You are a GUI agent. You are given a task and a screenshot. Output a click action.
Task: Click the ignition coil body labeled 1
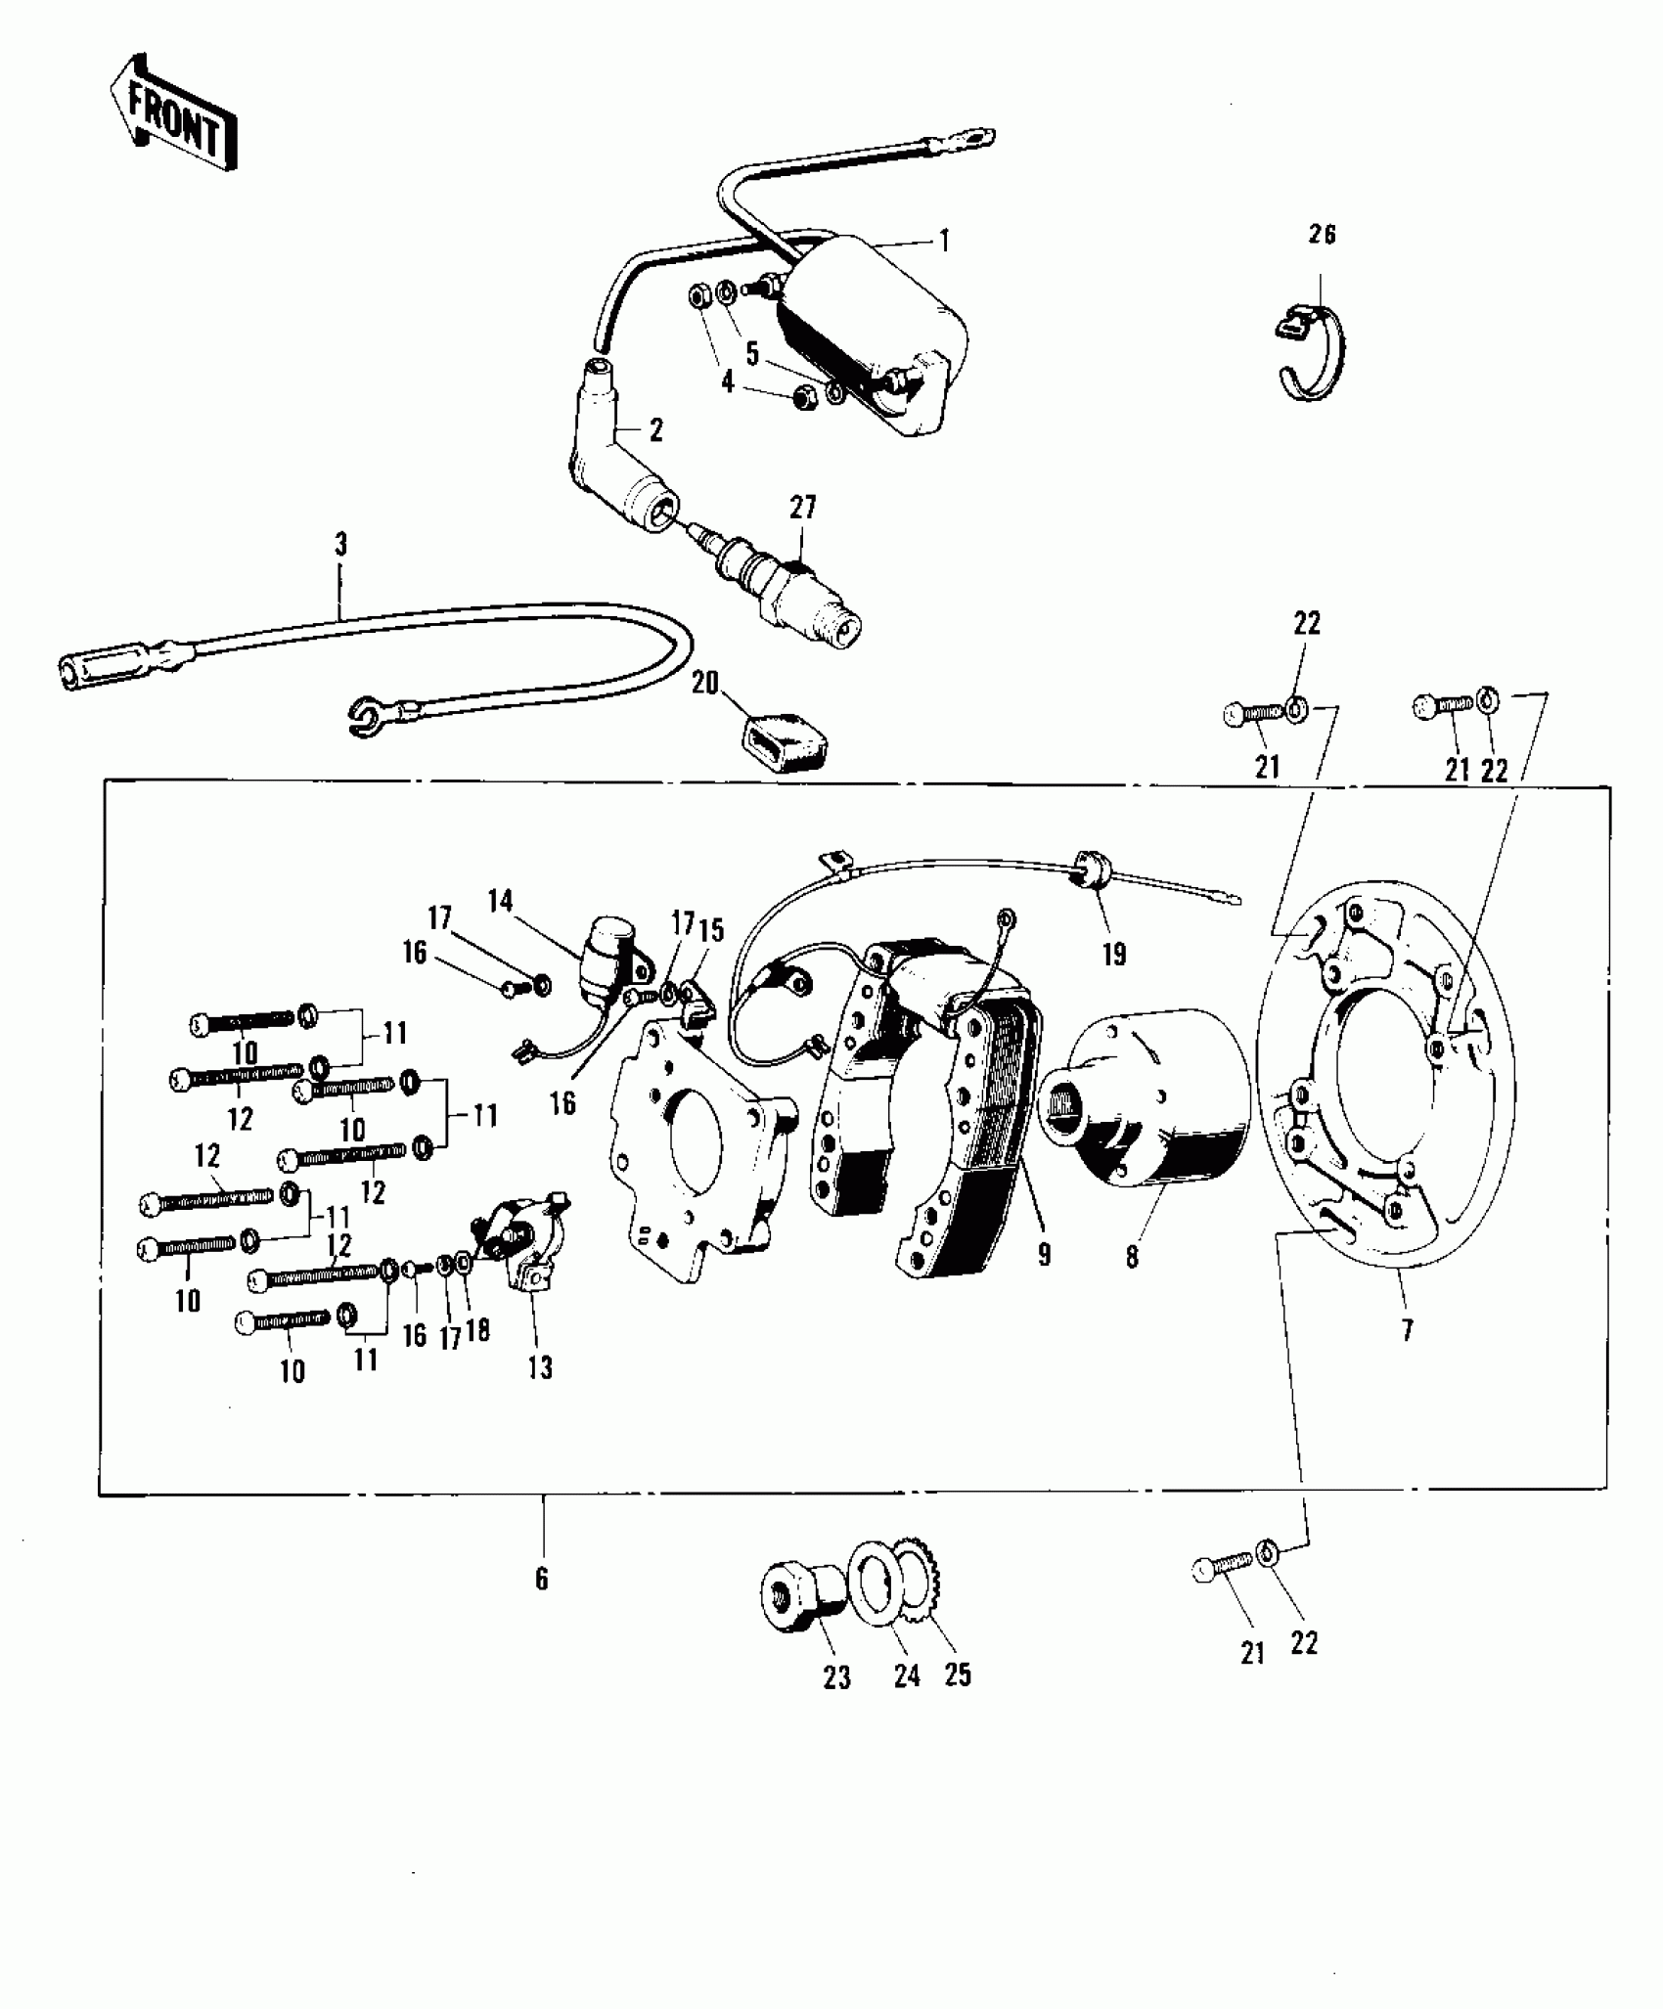(871, 333)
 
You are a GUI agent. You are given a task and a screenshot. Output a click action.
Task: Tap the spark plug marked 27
(783, 587)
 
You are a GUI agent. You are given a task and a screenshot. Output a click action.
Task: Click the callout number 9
(1044, 1255)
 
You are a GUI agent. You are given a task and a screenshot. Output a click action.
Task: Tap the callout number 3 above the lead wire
(340, 545)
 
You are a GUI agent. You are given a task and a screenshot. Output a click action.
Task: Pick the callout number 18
(477, 1332)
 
